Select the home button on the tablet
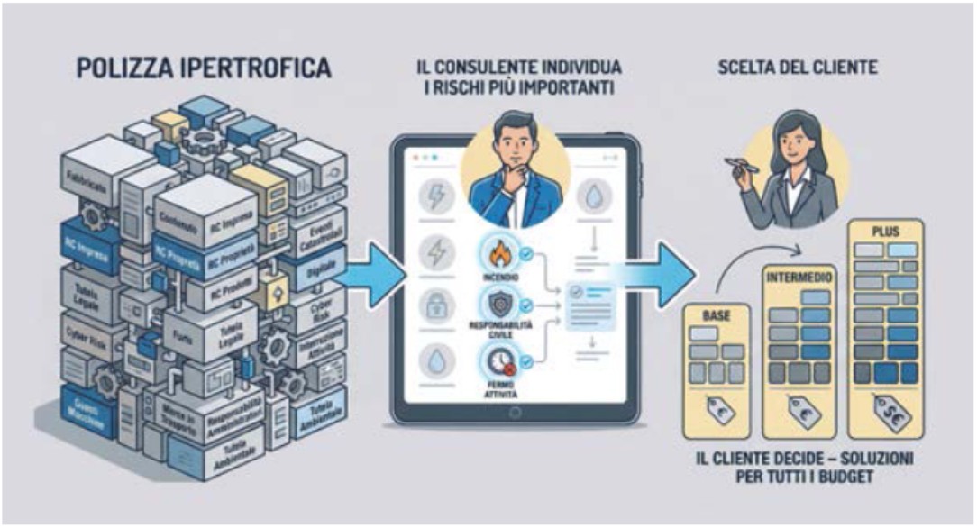coord(516,414)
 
